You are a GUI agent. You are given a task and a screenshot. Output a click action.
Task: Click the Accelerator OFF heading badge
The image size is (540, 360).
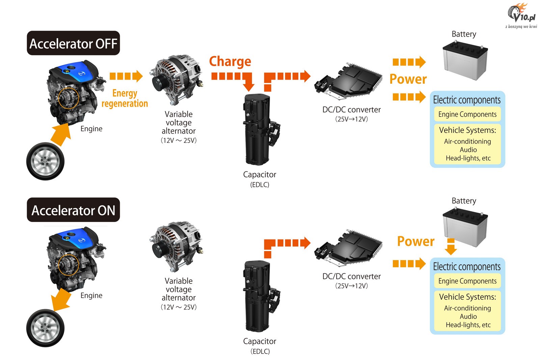pyautogui.click(x=73, y=43)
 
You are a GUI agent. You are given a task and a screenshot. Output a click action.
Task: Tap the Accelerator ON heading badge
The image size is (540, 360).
pyautogui.click(x=73, y=210)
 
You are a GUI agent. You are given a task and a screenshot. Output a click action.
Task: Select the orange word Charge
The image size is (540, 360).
pyautogui.click(x=230, y=61)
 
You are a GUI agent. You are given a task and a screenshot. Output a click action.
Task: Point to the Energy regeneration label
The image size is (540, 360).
pyautogui.click(x=125, y=98)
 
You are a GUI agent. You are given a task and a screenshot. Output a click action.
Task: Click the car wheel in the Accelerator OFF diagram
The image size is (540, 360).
pyautogui.click(x=45, y=161)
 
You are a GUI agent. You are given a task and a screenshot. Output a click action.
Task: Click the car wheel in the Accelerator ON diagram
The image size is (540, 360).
pyautogui.click(x=45, y=328)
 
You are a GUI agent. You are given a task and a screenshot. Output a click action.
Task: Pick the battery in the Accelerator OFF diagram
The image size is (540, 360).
pyautogui.click(x=465, y=61)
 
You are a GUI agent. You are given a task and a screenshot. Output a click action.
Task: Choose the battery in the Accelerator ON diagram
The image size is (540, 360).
pyautogui.click(x=465, y=227)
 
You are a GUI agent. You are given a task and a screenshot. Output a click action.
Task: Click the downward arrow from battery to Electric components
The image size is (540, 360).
pyautogui.click(x=451, y=247)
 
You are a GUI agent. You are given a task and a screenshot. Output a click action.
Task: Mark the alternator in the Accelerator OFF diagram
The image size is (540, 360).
pyautogui.click(x=177, y=80)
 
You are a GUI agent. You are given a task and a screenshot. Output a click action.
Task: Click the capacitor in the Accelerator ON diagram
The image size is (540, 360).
pyautogui.click(x=261, y=296)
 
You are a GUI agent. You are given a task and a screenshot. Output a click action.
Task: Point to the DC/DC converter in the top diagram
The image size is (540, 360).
pyautogui.click(x=348, y=81)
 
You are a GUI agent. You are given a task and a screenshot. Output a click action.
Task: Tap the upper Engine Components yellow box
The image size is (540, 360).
pyautogui.click(x=467, y=114)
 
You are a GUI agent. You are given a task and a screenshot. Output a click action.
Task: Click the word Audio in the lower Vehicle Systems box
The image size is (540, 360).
pyautogui.click(x=468, y=316)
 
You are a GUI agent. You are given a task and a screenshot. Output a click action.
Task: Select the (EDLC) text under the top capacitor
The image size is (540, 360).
pyautogui.click(x=260, y=185)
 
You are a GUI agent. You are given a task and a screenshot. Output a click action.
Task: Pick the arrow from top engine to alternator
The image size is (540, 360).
pyautogui.click(x=126, y=76)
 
